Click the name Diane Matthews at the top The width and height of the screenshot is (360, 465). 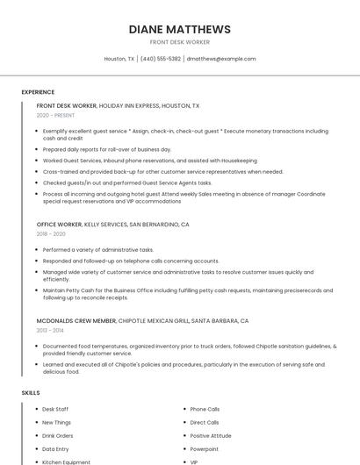pos(180,29)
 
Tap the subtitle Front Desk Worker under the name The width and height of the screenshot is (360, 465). pos(180,42)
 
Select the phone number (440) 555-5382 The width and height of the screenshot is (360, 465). pos(161,59)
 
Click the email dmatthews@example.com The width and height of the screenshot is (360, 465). pos(221,59)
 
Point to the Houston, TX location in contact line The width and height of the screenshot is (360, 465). pos(119,59)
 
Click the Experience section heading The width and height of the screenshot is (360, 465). pos(38,92)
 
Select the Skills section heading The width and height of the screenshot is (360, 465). pos(31,393)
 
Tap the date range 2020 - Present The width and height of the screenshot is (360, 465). pos(55,115)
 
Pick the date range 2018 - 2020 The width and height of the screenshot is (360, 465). pos(51,234)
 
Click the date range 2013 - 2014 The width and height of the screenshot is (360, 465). pos(51,331)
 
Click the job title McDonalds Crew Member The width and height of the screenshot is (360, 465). pos(76,321)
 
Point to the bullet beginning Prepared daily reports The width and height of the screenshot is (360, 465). pos(107,150)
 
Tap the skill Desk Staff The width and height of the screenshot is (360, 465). pos(55,409)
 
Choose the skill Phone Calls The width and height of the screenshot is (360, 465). pos(205,409)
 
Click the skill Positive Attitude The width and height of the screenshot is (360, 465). pos(211,435)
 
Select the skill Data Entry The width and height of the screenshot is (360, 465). pos(55,448)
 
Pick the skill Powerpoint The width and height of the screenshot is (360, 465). pos(205,448)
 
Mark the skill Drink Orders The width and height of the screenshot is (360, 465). pos(58,435)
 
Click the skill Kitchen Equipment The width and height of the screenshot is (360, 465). pos(66,461)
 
